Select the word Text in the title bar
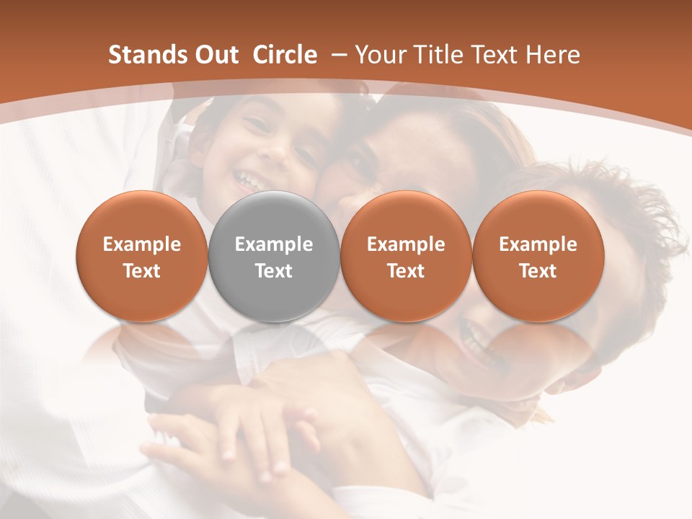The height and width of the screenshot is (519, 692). pyautogui.click(x=495, y=55)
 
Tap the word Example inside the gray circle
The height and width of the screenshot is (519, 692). pyautogui.click(x=274, y=244)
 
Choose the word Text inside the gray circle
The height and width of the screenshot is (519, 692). pyautogui.click(x=274, y=271)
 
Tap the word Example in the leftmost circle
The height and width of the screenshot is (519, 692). pyautogui.click(x=141, y=244)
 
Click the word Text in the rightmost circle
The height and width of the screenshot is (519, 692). pyautogui.click(x=538, y=271)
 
